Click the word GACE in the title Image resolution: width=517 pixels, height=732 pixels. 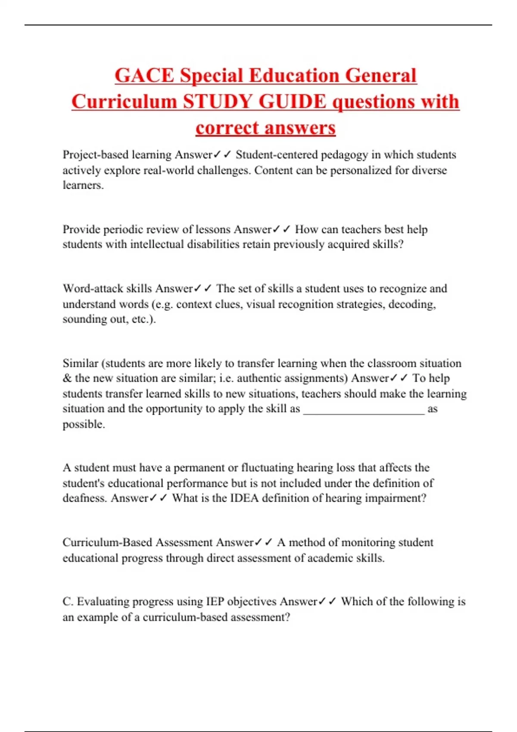[144, 76]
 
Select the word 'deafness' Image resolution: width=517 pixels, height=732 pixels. [84, 498]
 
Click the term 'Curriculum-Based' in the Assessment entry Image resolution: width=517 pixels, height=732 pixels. [107, 543]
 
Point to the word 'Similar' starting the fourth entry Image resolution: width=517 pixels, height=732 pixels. [80, 363]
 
